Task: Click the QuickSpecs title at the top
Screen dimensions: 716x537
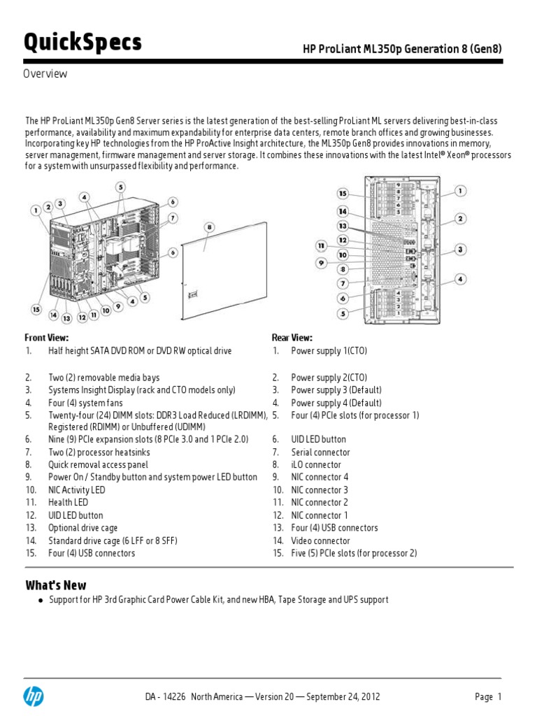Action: click(83, 43)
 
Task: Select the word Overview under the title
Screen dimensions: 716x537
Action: click(46, 74)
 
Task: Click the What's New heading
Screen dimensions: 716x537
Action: click(56, 585)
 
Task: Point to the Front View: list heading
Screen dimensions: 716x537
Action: click(47, 338)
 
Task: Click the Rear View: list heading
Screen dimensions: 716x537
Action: click(292, 338)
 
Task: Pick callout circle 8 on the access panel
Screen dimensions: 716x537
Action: click(209, 227)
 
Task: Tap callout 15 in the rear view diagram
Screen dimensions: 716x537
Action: click(343, 193)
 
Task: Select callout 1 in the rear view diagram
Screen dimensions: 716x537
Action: click(461, 190)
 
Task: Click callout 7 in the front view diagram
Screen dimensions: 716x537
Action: click(172, 217)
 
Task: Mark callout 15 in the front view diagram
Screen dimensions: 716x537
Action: click(36, 308)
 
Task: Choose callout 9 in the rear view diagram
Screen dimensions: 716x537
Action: click(322, 263)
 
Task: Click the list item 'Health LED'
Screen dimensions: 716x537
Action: click(68, 503)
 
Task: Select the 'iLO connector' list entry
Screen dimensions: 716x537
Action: click(316, 465)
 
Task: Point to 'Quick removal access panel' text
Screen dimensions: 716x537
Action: click(98, 465)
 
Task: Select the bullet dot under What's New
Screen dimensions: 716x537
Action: click(41, 601)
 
